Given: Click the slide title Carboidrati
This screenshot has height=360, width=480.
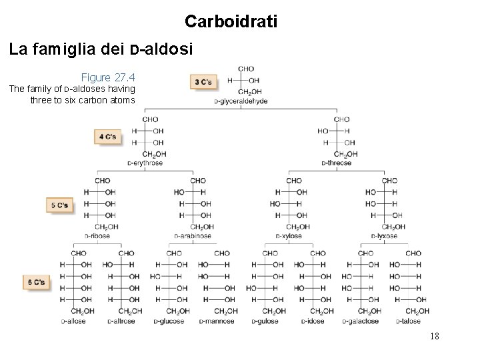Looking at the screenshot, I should tap(231, 22).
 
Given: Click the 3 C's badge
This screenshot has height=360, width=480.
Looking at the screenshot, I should tap(203, 82).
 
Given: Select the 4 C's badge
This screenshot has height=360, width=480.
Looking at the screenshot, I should tap(107, 137).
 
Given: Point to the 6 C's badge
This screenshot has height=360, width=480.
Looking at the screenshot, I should tap(35, 282).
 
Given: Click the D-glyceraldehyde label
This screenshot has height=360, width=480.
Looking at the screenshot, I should tap(241, 101).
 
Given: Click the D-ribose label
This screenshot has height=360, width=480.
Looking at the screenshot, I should tap(97, 235).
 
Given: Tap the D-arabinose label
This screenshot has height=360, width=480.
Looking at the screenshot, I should tap(193, 235).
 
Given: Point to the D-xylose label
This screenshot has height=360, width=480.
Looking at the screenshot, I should tap(289, 235).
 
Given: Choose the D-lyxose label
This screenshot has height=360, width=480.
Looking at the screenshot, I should tap(383, 235).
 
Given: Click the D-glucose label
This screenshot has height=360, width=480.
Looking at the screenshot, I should tap(170, 321).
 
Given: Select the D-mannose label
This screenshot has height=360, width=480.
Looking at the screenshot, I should tap(218, 321).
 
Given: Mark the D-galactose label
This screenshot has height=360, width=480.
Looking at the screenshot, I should tap(362, 321).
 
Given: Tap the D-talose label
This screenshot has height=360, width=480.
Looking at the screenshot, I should tap(411, 321).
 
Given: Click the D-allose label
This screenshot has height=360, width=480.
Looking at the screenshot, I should tap(74, 321).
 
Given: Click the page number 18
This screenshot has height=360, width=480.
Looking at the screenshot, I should tap(434, 337).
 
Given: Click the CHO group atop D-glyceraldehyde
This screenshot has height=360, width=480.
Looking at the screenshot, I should tap(245, 68).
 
